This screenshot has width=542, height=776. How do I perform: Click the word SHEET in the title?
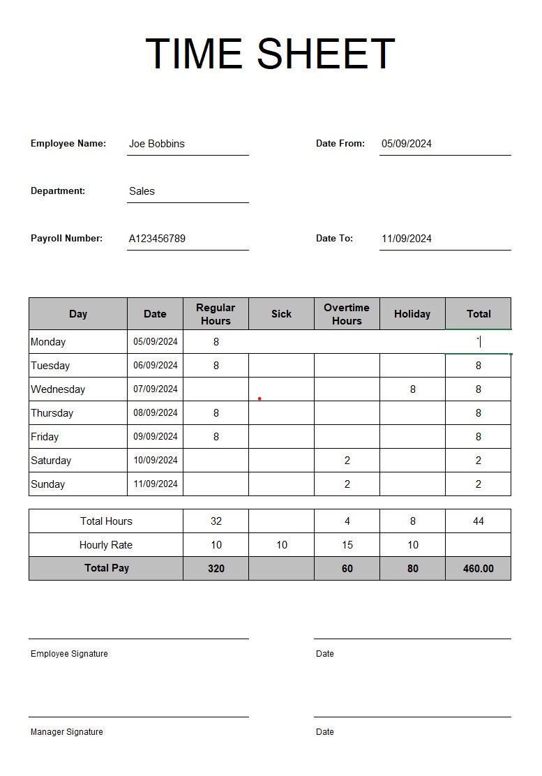326,54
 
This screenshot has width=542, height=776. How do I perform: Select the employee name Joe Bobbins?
157,144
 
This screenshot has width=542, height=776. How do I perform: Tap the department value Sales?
142,191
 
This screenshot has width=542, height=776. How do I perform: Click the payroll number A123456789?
157,239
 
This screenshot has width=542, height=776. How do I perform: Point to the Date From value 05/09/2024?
407,144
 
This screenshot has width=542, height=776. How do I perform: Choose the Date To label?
334,238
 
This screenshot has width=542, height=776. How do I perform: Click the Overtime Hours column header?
347,314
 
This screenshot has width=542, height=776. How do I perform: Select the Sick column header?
281,314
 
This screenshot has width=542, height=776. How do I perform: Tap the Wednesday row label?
58,389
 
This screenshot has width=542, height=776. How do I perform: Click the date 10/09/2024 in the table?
156,460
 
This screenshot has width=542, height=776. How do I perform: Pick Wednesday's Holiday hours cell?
413,389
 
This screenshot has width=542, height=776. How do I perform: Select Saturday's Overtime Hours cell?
347,461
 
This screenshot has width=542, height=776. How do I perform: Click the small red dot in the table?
259,399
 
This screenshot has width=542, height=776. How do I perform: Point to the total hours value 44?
478,521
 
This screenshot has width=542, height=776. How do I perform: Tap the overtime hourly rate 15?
347,545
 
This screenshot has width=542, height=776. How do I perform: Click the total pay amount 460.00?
478,569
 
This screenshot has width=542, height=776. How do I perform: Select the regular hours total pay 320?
216,569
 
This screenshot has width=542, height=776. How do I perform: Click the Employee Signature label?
69,654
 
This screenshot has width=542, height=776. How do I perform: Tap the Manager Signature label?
66,732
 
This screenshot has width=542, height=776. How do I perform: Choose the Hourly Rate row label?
106,545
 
